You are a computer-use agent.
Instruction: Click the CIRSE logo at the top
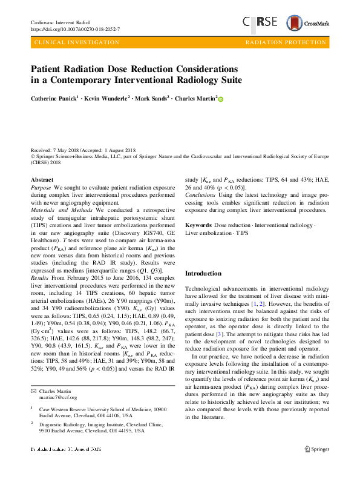(x=260, y=22)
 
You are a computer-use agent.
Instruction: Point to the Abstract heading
(x=42, y=180)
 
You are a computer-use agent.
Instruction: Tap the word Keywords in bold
(x=198, y=225)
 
